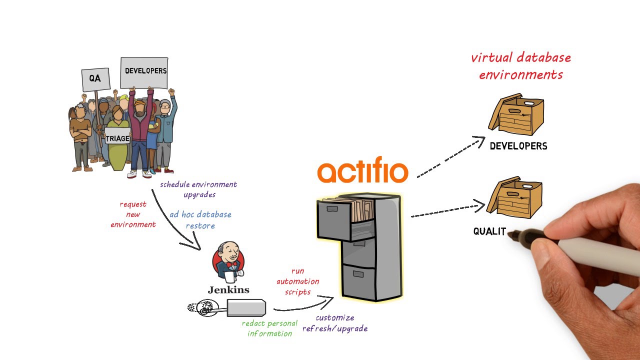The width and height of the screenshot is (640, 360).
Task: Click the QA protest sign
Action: [95, 79]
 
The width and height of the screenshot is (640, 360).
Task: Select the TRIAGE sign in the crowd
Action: [117, 138]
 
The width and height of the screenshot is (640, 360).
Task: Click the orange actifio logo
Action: [362, 171]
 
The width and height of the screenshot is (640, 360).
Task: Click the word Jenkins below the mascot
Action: [228, 290]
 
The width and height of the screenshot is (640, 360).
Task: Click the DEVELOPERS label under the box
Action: [518, 146]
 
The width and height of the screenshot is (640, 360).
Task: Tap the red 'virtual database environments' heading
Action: [521, 66]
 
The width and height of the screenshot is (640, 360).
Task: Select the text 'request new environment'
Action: [133, 214]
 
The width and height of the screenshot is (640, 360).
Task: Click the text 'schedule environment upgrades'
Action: [198, 189]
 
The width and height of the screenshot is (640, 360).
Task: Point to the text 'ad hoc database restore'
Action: [200, 220]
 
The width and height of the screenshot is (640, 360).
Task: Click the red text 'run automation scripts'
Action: [298, 281]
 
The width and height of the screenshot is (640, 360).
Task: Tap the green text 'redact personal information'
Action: [269, 328]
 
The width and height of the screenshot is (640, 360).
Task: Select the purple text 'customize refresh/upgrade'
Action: [335, 323]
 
